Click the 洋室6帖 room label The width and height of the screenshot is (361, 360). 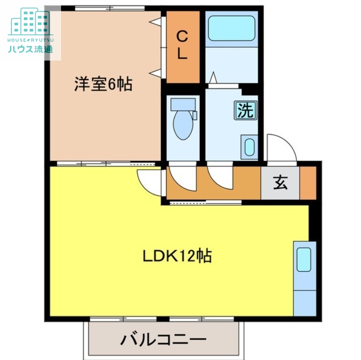pos(103,84)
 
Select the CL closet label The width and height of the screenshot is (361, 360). pos(182,45)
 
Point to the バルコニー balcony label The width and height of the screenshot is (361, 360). pos(163,340)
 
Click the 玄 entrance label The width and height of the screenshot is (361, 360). pos(280,183)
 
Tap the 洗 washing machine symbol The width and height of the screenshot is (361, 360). pos(245,111)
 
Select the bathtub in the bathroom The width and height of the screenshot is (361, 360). pos(232,28)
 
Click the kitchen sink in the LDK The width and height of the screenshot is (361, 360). pos(304,260)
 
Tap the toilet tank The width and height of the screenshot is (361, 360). pos(184,104)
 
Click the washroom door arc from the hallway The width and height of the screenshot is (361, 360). pos(219,176)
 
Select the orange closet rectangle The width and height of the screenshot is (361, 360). pos(182,46)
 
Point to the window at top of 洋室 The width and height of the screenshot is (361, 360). pos(109,8)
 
